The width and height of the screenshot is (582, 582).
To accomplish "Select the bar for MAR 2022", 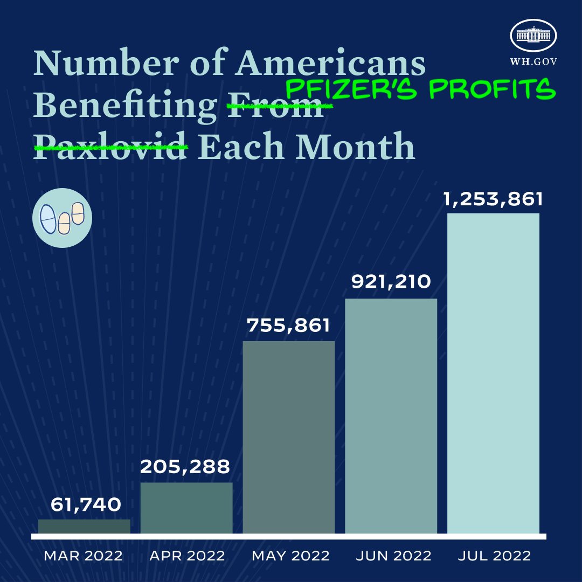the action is coord(84,526).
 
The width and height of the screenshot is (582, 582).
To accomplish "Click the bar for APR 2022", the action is coord(186,508).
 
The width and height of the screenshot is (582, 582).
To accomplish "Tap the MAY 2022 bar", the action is coord(289,437).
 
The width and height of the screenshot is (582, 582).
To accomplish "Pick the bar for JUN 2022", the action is coord(391,416).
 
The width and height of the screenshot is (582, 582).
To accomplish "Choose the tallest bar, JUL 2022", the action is coord(493,373).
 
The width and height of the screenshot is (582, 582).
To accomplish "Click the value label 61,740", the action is coord(86,505).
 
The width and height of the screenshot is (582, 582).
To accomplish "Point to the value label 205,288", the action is coord(185,466).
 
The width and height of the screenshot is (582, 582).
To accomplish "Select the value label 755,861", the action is coord(288,325).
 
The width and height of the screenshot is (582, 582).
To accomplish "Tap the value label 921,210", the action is coord(391,282).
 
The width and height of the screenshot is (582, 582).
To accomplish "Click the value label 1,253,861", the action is coord(493,199).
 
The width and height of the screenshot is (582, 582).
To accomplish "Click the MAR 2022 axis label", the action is coord(83,556).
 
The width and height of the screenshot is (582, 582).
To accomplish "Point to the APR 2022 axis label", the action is coord(187,556).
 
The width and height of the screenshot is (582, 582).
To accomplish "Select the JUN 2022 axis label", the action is coord(393,556).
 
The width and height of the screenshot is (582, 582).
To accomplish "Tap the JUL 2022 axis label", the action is coord(494,556).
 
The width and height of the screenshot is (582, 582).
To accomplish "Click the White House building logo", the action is coord(533,36).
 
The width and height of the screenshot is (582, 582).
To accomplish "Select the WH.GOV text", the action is coord(533,61).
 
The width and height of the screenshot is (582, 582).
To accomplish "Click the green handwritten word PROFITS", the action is coord(492,89).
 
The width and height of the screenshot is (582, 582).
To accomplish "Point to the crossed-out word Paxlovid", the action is coord(110,146).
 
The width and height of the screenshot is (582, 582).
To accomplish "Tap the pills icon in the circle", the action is coord(62,218).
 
